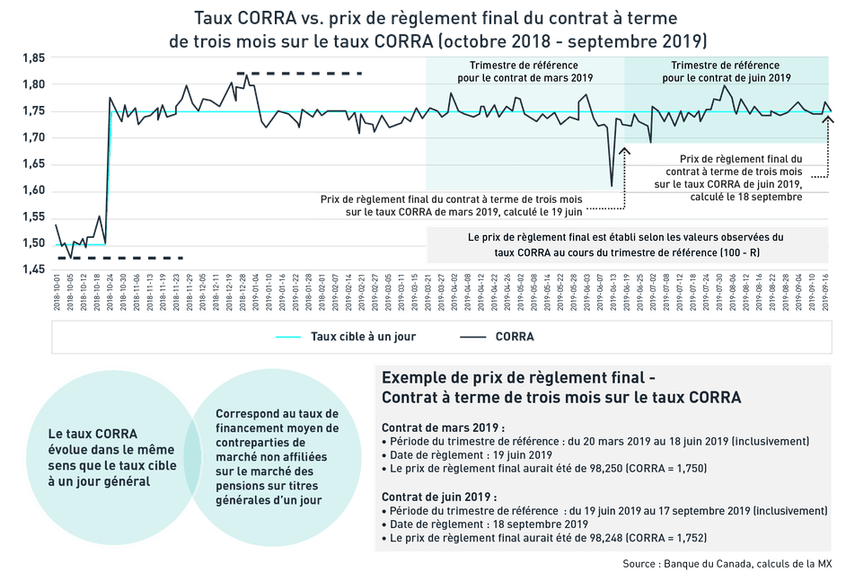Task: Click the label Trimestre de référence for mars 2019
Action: [524, 72]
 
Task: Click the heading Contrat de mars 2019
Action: [444, 427]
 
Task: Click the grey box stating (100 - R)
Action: [626, 245]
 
